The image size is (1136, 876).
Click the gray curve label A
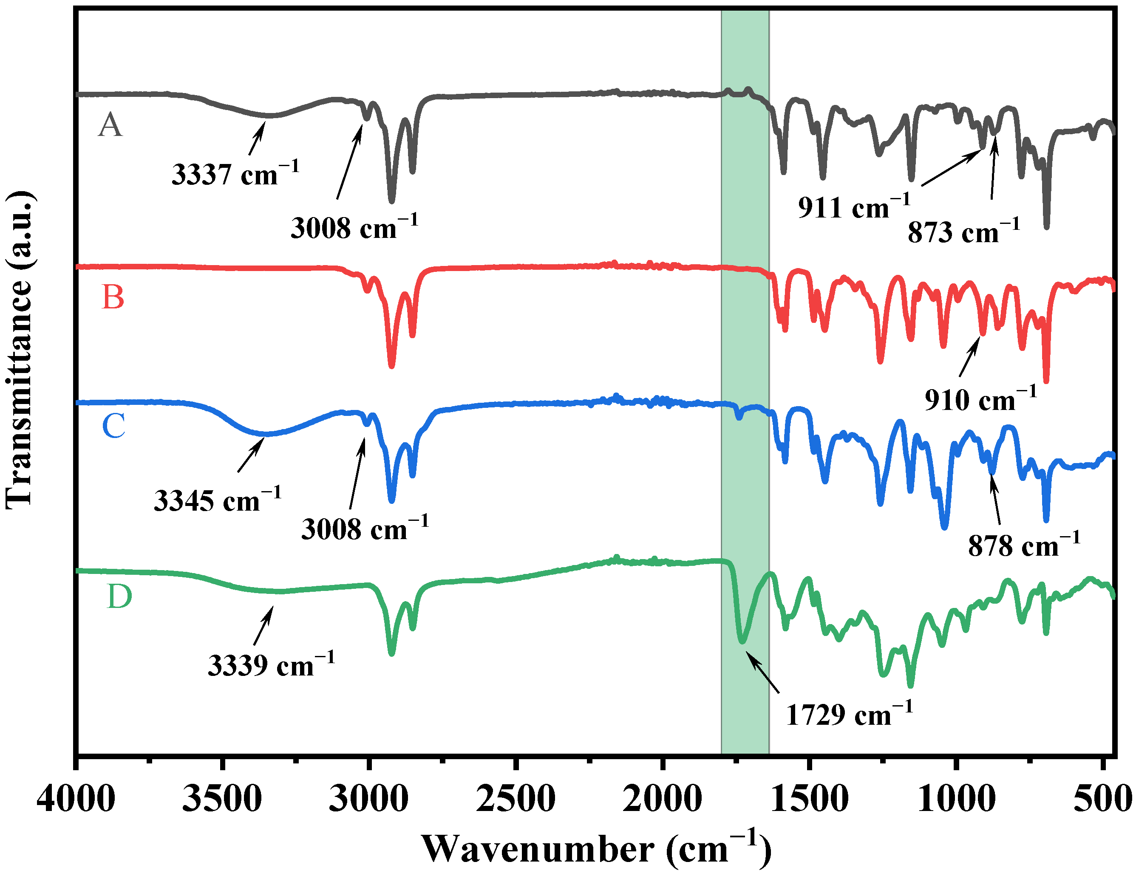point(110,126)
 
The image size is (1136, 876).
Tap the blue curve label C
point(113,426)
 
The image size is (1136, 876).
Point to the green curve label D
point(119,596)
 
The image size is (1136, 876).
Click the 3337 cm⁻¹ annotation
point(235,174)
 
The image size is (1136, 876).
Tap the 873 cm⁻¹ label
point(963,232)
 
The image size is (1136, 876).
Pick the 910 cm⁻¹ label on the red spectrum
point(980,399)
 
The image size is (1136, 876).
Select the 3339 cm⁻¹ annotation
point(271,664)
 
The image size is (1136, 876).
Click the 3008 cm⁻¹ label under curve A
point(354,227)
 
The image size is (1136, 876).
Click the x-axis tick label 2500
point(516,799)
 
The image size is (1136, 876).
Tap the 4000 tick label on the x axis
point(76,799)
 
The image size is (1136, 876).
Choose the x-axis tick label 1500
point(809,799)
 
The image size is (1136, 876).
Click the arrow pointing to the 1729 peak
point(763,673)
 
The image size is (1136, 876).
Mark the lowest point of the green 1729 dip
point(743,642)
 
